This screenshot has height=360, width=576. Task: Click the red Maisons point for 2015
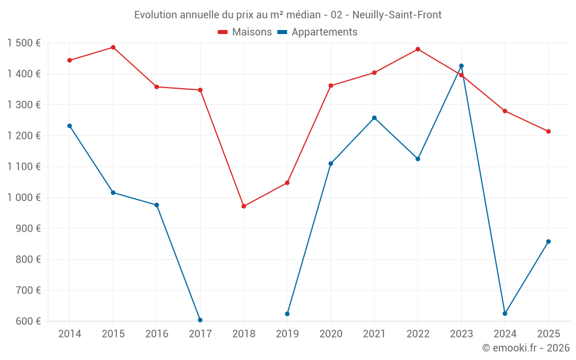click(x=113, y=47)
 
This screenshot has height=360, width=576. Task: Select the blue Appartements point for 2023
click(x=461, y=66)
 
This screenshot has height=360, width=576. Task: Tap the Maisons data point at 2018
click(x=244, y=206)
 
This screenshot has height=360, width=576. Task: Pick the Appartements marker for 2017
click(x=200, y=320)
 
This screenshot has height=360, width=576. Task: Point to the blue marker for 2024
click(x=505, y=313)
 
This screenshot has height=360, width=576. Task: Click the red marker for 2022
click(x=418, y=49)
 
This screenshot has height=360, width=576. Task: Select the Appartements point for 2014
click(x=70, y=126)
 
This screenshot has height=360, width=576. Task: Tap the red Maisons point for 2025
click(x=548, y=131)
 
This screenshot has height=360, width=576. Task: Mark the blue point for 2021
click(x=374, y=118)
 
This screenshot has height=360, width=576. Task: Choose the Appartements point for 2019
click(x=287, y=314)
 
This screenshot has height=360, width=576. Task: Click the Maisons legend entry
click(x=245, y=32)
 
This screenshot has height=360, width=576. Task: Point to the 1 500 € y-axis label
click(x=24, y=43)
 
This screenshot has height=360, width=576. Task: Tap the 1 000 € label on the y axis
click(x=24, y=198)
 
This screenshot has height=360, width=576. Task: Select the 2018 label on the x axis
click(x=244, y=334)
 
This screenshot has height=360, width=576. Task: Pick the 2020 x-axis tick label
click(x=331, y=334)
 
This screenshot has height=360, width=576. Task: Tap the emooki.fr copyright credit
click(x=525, y=348)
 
